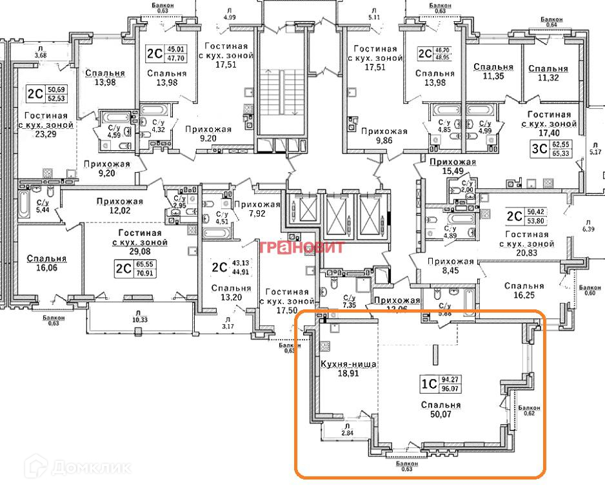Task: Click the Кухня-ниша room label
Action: point(348,364)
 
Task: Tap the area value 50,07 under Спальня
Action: point(442,416)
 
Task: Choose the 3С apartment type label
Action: point(539,150)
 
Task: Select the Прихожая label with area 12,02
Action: point(120,200)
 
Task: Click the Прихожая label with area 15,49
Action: point(452,162)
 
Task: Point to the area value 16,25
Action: point(524,296)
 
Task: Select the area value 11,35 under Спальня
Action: point(493,77)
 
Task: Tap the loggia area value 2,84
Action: point(346,433)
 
